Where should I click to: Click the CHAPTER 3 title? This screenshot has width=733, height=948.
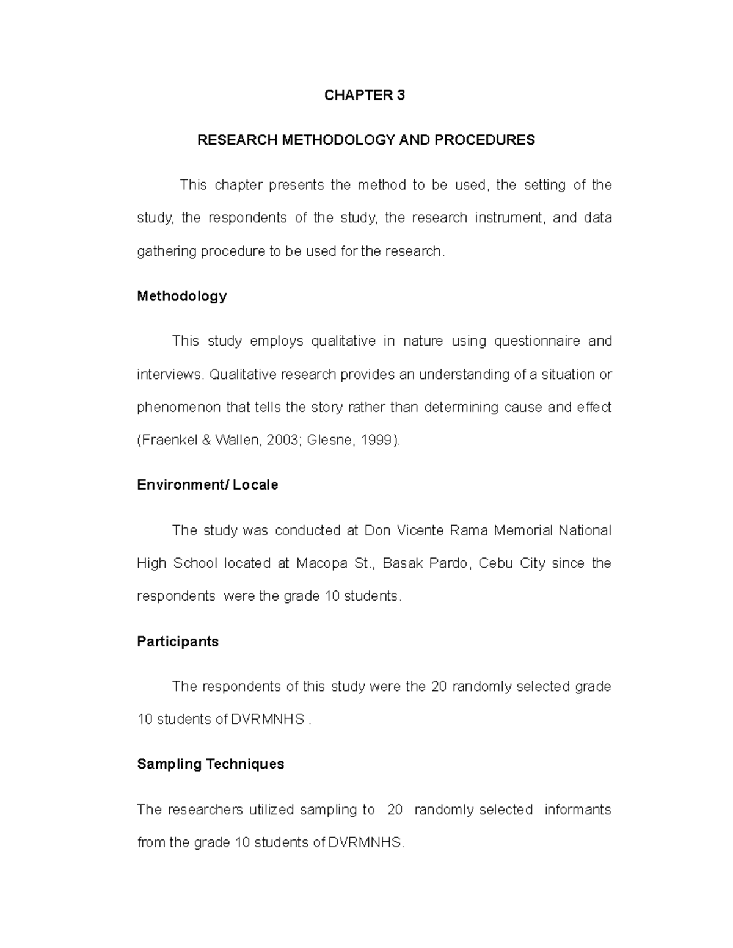[364, 95]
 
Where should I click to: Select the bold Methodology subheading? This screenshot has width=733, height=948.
[181, 296]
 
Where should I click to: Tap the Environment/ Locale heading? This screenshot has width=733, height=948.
[207, 485]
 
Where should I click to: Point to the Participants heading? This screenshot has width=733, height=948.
[177, 642]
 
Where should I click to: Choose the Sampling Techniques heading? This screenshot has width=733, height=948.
[210, 764]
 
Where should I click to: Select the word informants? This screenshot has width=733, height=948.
[577, 809]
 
